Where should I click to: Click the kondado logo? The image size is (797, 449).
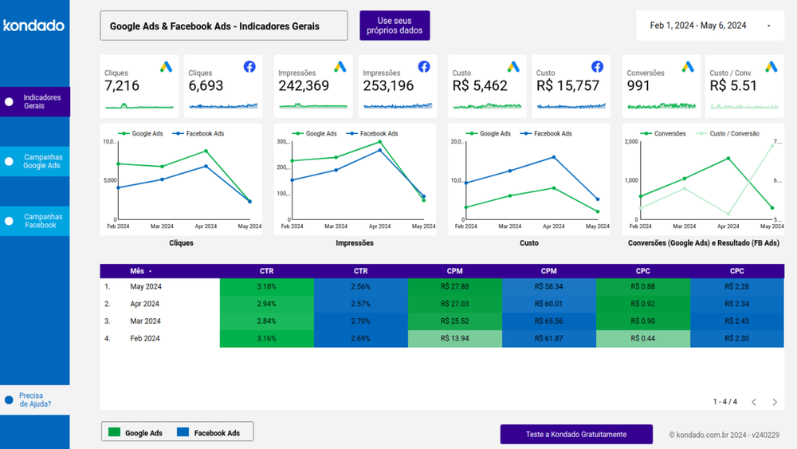(x=33, y=26)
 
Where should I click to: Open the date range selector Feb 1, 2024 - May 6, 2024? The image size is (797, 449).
(x=710, y=26)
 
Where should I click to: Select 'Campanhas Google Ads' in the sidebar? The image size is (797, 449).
(x=42, y=161)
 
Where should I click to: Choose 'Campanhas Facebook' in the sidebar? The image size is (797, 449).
(x=42, y=221)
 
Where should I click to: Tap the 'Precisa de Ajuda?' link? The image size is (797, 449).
(x=35, y=400)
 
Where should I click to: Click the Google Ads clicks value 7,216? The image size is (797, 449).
(x=122, y=86)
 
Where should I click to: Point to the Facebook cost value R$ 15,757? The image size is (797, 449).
(x=567, y=86)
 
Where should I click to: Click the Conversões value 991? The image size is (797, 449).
(x=638, y=86)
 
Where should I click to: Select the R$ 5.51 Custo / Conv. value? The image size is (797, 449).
(x=733, y=86)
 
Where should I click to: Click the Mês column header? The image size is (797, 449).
(x=137, y=271)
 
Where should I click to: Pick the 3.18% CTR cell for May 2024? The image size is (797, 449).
(x=266, y=286)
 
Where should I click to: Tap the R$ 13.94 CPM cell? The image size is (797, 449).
(x=454, y=339)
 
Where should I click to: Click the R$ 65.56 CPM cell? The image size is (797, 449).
(x=548, y=321)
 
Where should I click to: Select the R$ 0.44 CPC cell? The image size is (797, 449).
(x=642, y=339)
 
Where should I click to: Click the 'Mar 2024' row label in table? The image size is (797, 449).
(x=145, y=321)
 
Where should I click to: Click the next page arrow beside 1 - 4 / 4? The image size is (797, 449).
(x=774, y=402)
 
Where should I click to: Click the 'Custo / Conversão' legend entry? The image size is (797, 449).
(x=732, y=134)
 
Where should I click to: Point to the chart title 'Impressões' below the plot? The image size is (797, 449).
(x=354, y=243)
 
